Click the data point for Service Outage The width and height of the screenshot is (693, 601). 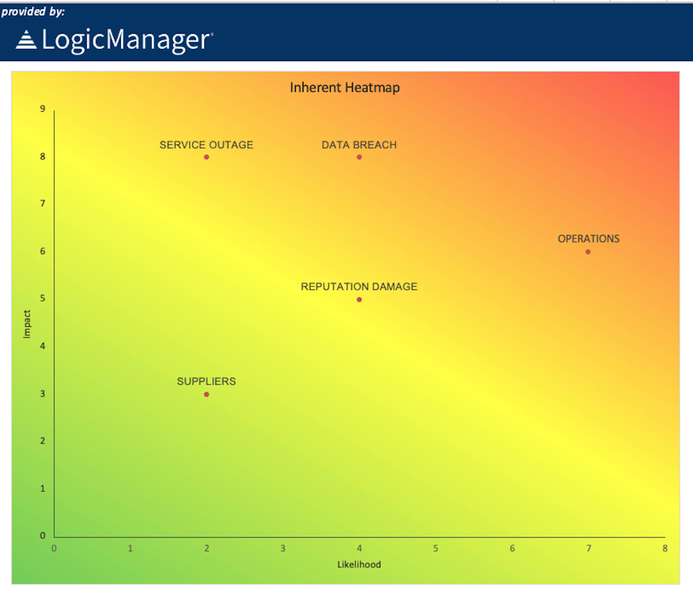click(206, 157)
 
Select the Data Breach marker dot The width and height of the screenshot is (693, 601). click(359, 157)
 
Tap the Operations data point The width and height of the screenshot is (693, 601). click(588, 252)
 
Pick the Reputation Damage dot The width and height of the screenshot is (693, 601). click(359, 300)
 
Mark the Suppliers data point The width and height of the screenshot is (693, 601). click(206, 394)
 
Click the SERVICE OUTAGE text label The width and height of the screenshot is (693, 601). click(206, 145)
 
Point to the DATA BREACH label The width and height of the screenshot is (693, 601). click(359, 145)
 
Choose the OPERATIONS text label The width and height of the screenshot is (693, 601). click(588, 239)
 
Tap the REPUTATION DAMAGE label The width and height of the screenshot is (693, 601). click(359, 287)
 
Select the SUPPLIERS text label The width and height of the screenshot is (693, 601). click(206, 381)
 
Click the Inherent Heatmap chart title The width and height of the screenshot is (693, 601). click(345, 88)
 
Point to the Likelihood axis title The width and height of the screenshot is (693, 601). click(359, 565)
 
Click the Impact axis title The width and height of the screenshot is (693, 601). click(27, 324)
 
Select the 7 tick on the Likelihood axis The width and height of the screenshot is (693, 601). click(588, 548)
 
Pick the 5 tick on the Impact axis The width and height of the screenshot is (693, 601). click(43, 298)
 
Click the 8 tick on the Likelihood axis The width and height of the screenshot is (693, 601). click(665, 548)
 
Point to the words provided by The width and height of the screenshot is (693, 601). click(33, 12)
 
